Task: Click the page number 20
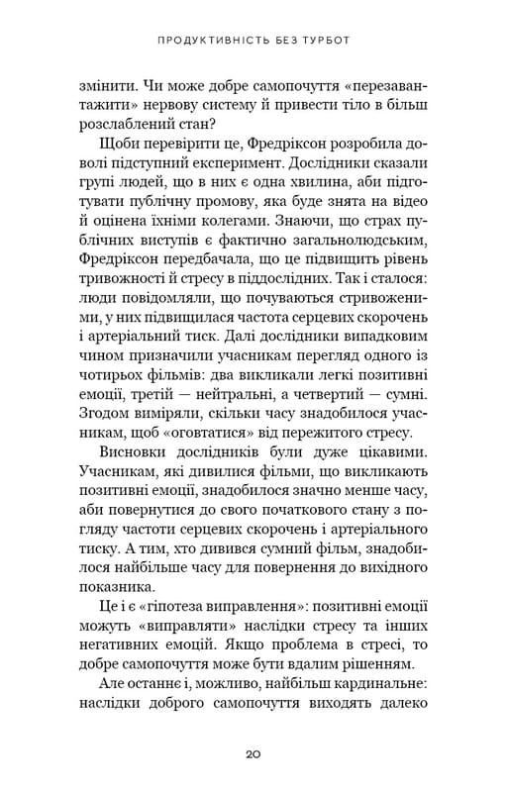pos(253,753)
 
